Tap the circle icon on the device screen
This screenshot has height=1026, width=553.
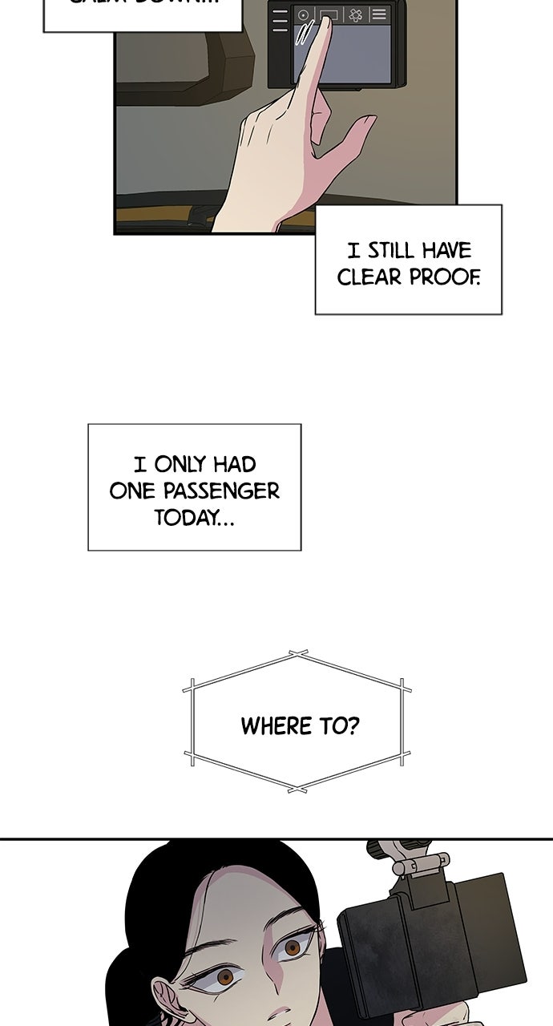(303, 15)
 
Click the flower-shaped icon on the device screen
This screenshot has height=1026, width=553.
(356, 15)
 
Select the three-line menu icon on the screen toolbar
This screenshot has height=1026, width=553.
(378, 14)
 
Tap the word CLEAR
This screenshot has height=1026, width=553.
(369, 277)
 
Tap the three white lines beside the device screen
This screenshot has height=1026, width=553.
(280, 22)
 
